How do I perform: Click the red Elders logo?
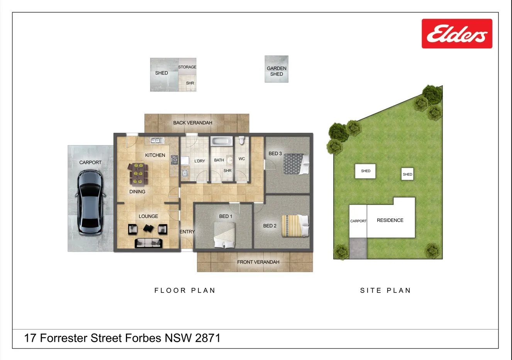pos(457,34)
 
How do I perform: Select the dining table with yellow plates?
pos(138,174)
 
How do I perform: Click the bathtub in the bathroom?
pos(221,141)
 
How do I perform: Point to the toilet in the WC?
pos(242,140)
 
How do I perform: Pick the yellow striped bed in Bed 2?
pos(295,226)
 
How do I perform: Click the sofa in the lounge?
pos(149,243)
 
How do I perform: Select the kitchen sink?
pos(157,140)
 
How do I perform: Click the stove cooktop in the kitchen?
pos(174,160)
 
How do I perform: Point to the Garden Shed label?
pos(276,71)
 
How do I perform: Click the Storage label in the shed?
pos(187,67)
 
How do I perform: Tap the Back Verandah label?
pos(193,123)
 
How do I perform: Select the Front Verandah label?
pos(258,262)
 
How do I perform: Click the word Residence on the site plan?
pos(390,220)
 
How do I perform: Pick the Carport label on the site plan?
pos(358,221)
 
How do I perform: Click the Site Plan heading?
pos(386,290)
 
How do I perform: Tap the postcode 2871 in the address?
pos(208,338)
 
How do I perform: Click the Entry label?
pos(187,232)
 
